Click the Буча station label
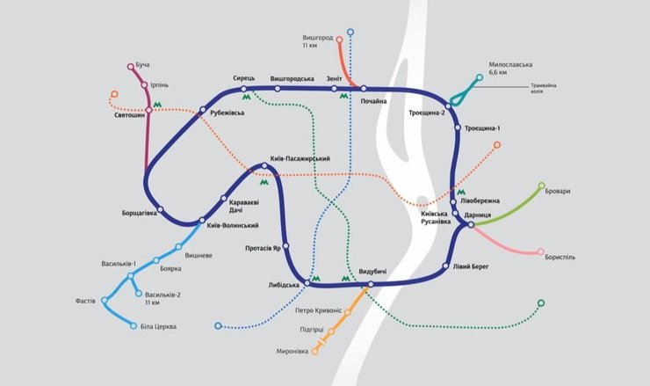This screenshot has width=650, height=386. coord(144,65)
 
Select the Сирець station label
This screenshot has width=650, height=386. coord(244,78)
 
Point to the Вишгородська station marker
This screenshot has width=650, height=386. coord(278,88)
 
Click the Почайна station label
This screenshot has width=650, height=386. coord(374,101)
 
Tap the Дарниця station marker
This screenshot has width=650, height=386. coord(472,225)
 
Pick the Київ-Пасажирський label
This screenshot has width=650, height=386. coord(301,158)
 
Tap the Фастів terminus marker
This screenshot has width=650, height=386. coord(105,301)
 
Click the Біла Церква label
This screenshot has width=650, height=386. coord(159,327)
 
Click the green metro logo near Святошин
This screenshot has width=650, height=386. coord(158,104)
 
